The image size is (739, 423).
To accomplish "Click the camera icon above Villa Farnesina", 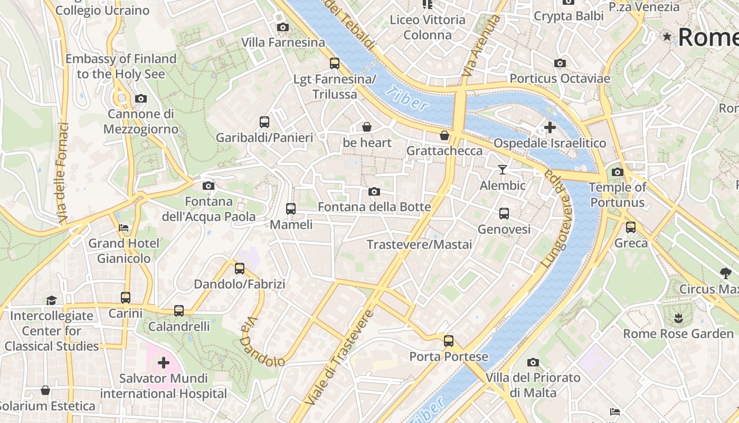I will click(283, 27).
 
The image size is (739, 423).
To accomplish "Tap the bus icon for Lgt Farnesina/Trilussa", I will click(335, 63).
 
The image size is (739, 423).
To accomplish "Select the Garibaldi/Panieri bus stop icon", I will click(264, 122).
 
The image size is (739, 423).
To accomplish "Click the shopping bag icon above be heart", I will click(367, 127).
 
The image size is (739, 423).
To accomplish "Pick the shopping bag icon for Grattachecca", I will click(444, 135).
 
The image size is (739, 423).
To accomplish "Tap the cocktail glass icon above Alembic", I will click(503, 170).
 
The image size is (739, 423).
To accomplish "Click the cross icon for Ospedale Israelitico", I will click(549, 127).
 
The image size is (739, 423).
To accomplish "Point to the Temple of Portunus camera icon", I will click(617, 172).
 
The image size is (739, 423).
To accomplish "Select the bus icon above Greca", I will click(631, 227).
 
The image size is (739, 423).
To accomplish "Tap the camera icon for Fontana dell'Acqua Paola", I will click(209, 186).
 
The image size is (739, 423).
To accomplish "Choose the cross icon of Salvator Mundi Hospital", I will click(164, 363).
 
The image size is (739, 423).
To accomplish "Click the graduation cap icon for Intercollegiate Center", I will click(51, 300).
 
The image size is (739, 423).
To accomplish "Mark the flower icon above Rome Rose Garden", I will click(678, 318).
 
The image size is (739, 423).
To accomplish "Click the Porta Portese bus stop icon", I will click(449, 341).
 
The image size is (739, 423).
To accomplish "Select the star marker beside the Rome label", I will click(668, 36).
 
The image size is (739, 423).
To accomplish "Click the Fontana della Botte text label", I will click(374, 207).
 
